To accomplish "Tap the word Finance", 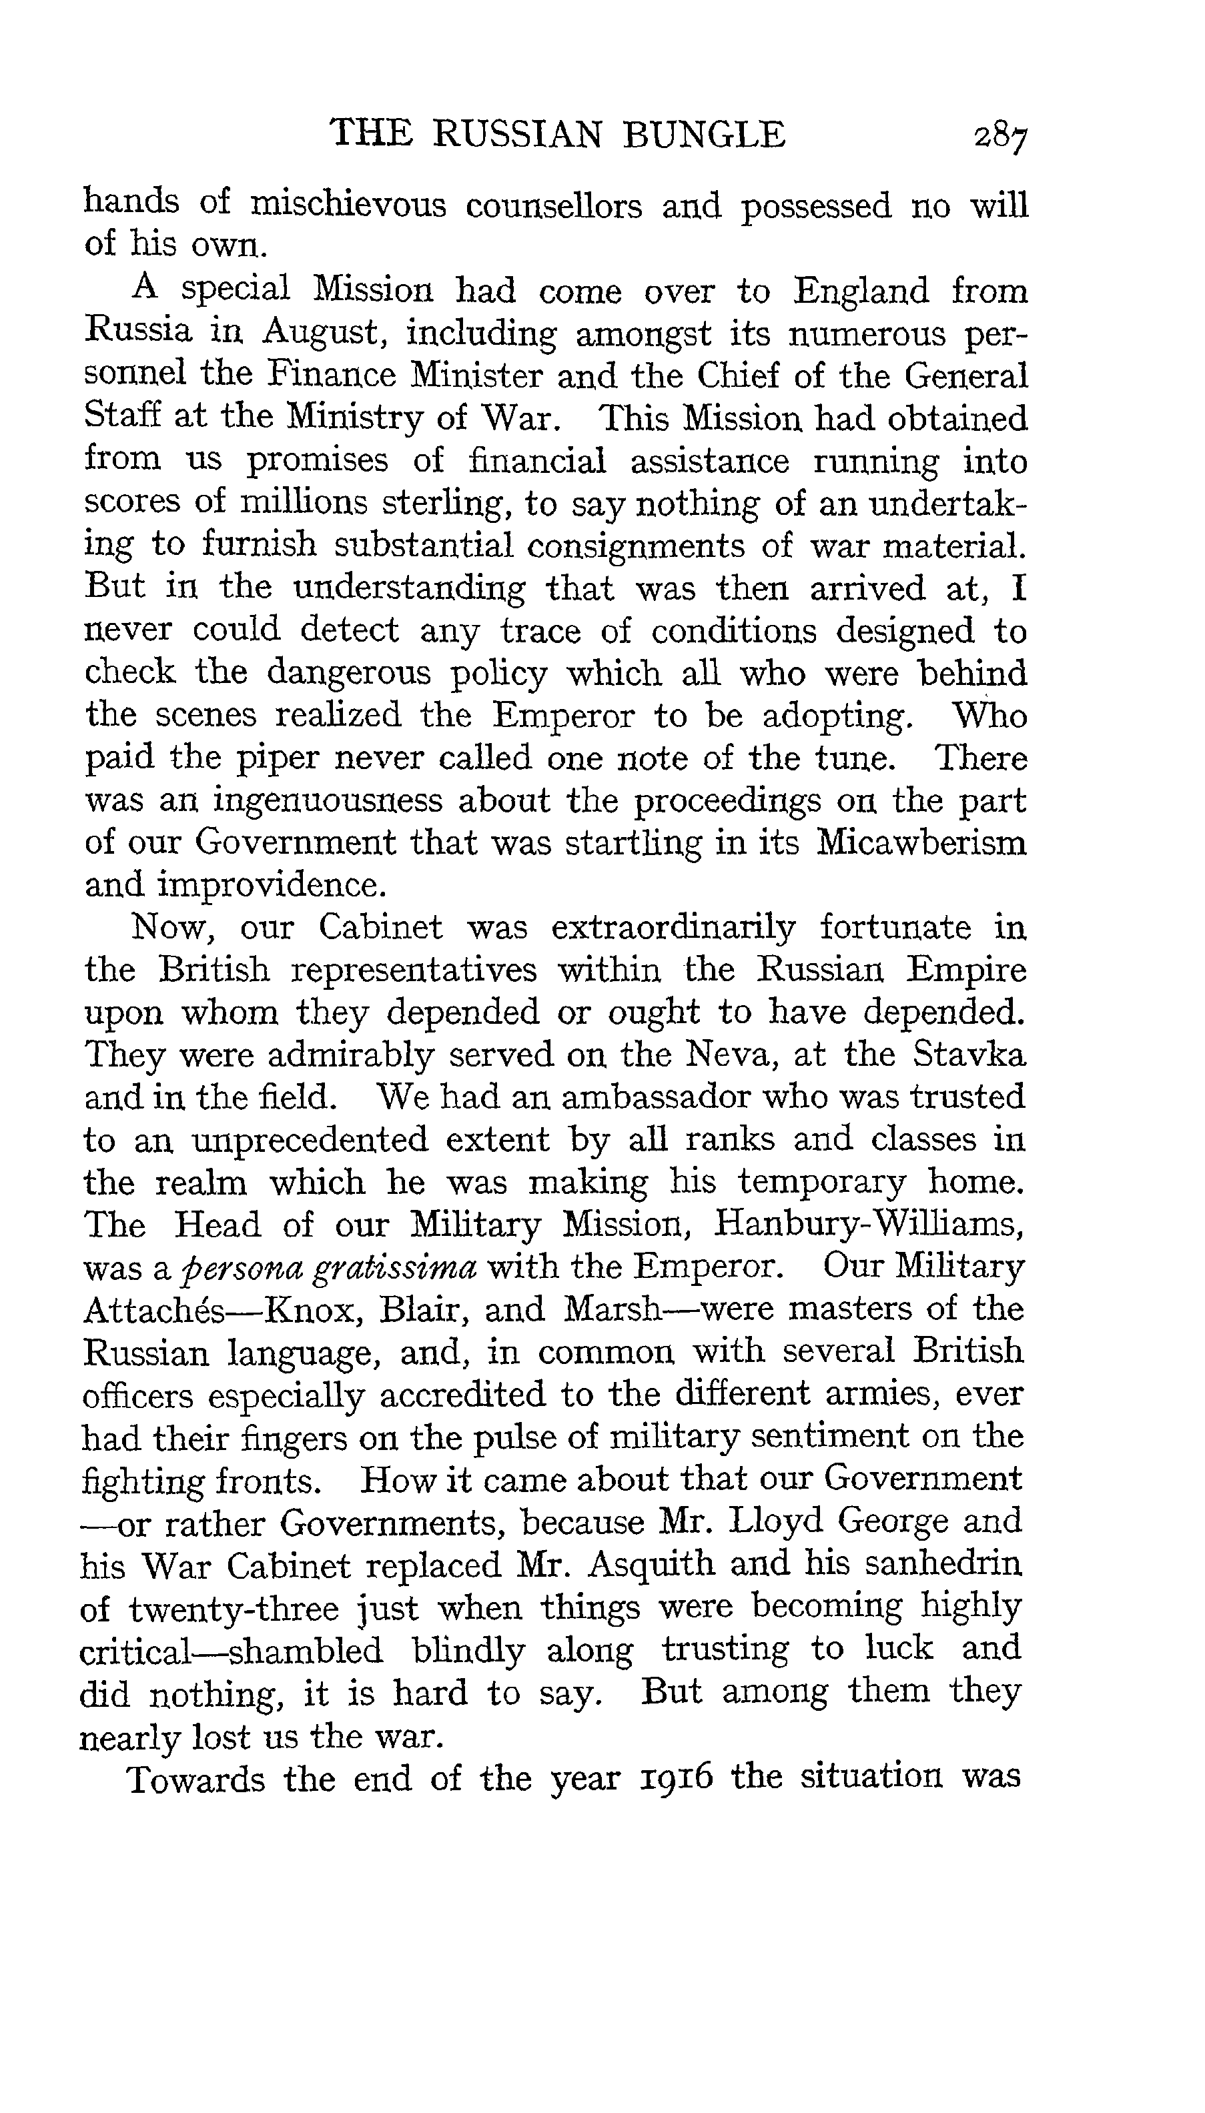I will pyautogui.click(x=331, y=376).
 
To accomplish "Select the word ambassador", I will pyautogui.click(x=655, y=1098).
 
